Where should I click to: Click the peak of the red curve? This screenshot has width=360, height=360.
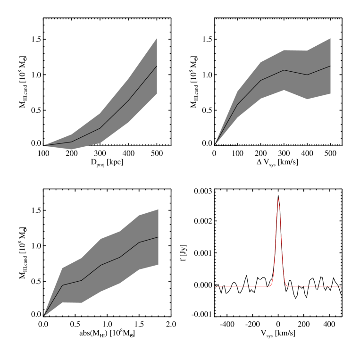click(x=278, y=198)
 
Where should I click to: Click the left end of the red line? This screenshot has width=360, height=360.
click(x=215, y=286)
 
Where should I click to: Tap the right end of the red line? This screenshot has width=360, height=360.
click(x=341, y=286)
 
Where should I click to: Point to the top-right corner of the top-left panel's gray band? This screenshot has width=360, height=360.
click(x=157, y=38)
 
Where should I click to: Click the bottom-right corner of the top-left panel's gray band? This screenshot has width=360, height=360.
click(x=157, y=94)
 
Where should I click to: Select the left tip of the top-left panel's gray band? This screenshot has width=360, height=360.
click(x=44, y=145)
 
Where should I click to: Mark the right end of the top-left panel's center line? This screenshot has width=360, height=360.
click(x=157, y=66)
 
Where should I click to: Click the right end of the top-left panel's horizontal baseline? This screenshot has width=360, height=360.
click(x=170, y=146)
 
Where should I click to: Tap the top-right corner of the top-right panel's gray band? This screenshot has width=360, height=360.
click(x=330, y=38)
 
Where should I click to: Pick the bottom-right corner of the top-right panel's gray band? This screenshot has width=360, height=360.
click(x=330, y=94)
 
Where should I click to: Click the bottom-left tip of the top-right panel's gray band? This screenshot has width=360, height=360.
click(x=215, y=144)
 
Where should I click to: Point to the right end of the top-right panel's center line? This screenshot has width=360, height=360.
click(x=330, y=66)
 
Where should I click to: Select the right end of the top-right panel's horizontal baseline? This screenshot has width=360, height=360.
click(x=341, y=146)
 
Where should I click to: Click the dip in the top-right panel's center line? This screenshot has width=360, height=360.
click(x=307, y=75)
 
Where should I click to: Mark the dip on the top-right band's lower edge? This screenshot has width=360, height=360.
click(x=307, y=99)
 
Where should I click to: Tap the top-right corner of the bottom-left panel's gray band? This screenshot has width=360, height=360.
click(x=158, y=209)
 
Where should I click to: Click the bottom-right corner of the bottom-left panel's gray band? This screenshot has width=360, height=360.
click(x=158, y=265)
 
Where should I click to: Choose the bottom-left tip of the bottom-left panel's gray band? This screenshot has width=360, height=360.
click(x=44, y=316)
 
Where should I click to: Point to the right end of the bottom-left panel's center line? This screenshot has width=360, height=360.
click(x=158, y=237)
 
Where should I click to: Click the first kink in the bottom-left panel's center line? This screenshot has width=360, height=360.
click(x=62, y=285)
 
